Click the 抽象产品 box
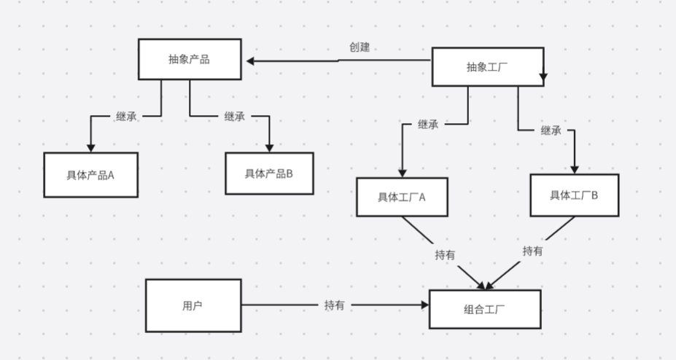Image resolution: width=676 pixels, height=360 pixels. (190, 60)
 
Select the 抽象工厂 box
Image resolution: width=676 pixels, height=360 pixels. (487, 67)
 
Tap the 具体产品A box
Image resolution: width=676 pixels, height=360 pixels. (90, 175)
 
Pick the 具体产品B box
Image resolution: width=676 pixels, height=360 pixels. (269, 173)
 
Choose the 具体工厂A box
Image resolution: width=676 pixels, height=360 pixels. (402, 197)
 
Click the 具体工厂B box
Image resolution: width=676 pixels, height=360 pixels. (574, 195)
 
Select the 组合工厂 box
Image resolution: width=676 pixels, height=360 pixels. (485, 309)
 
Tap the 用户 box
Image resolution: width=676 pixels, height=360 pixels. (193, 305)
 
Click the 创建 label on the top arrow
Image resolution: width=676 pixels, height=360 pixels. (360, 47)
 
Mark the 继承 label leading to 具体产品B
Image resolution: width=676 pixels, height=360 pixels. (235, 116)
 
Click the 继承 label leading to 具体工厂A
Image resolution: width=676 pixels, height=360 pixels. (428, 125)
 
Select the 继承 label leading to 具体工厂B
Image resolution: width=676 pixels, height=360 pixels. (551, 130)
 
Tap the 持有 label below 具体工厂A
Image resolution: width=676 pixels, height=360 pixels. (446, 255)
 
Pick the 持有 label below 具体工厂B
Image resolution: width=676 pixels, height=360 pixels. (532, 251)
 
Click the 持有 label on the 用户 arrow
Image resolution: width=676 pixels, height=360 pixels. (335, 305)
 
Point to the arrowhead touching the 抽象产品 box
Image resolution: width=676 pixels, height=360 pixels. (249, 61)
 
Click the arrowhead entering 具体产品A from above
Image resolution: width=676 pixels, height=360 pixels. (90, 147)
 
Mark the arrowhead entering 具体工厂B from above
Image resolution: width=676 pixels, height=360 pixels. (574, 169)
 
